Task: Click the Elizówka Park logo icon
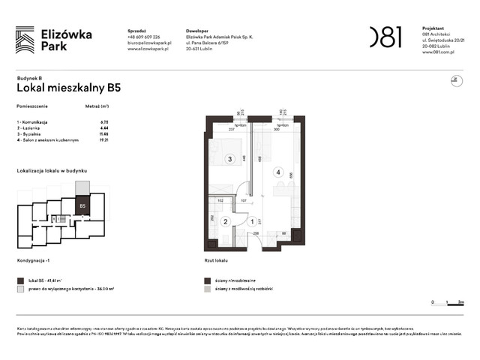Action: (x=25, y=39)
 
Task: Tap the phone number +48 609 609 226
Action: (x=145, y=37)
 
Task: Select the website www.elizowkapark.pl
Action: (x=150, y=49)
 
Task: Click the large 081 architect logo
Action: (x=385, y=37)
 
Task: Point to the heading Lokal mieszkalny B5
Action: (x=68, y=87)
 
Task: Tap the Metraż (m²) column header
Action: (x=98, y=107)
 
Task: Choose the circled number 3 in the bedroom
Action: (x=231, y=158)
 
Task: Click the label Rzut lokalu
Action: (x=216, y=260)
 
